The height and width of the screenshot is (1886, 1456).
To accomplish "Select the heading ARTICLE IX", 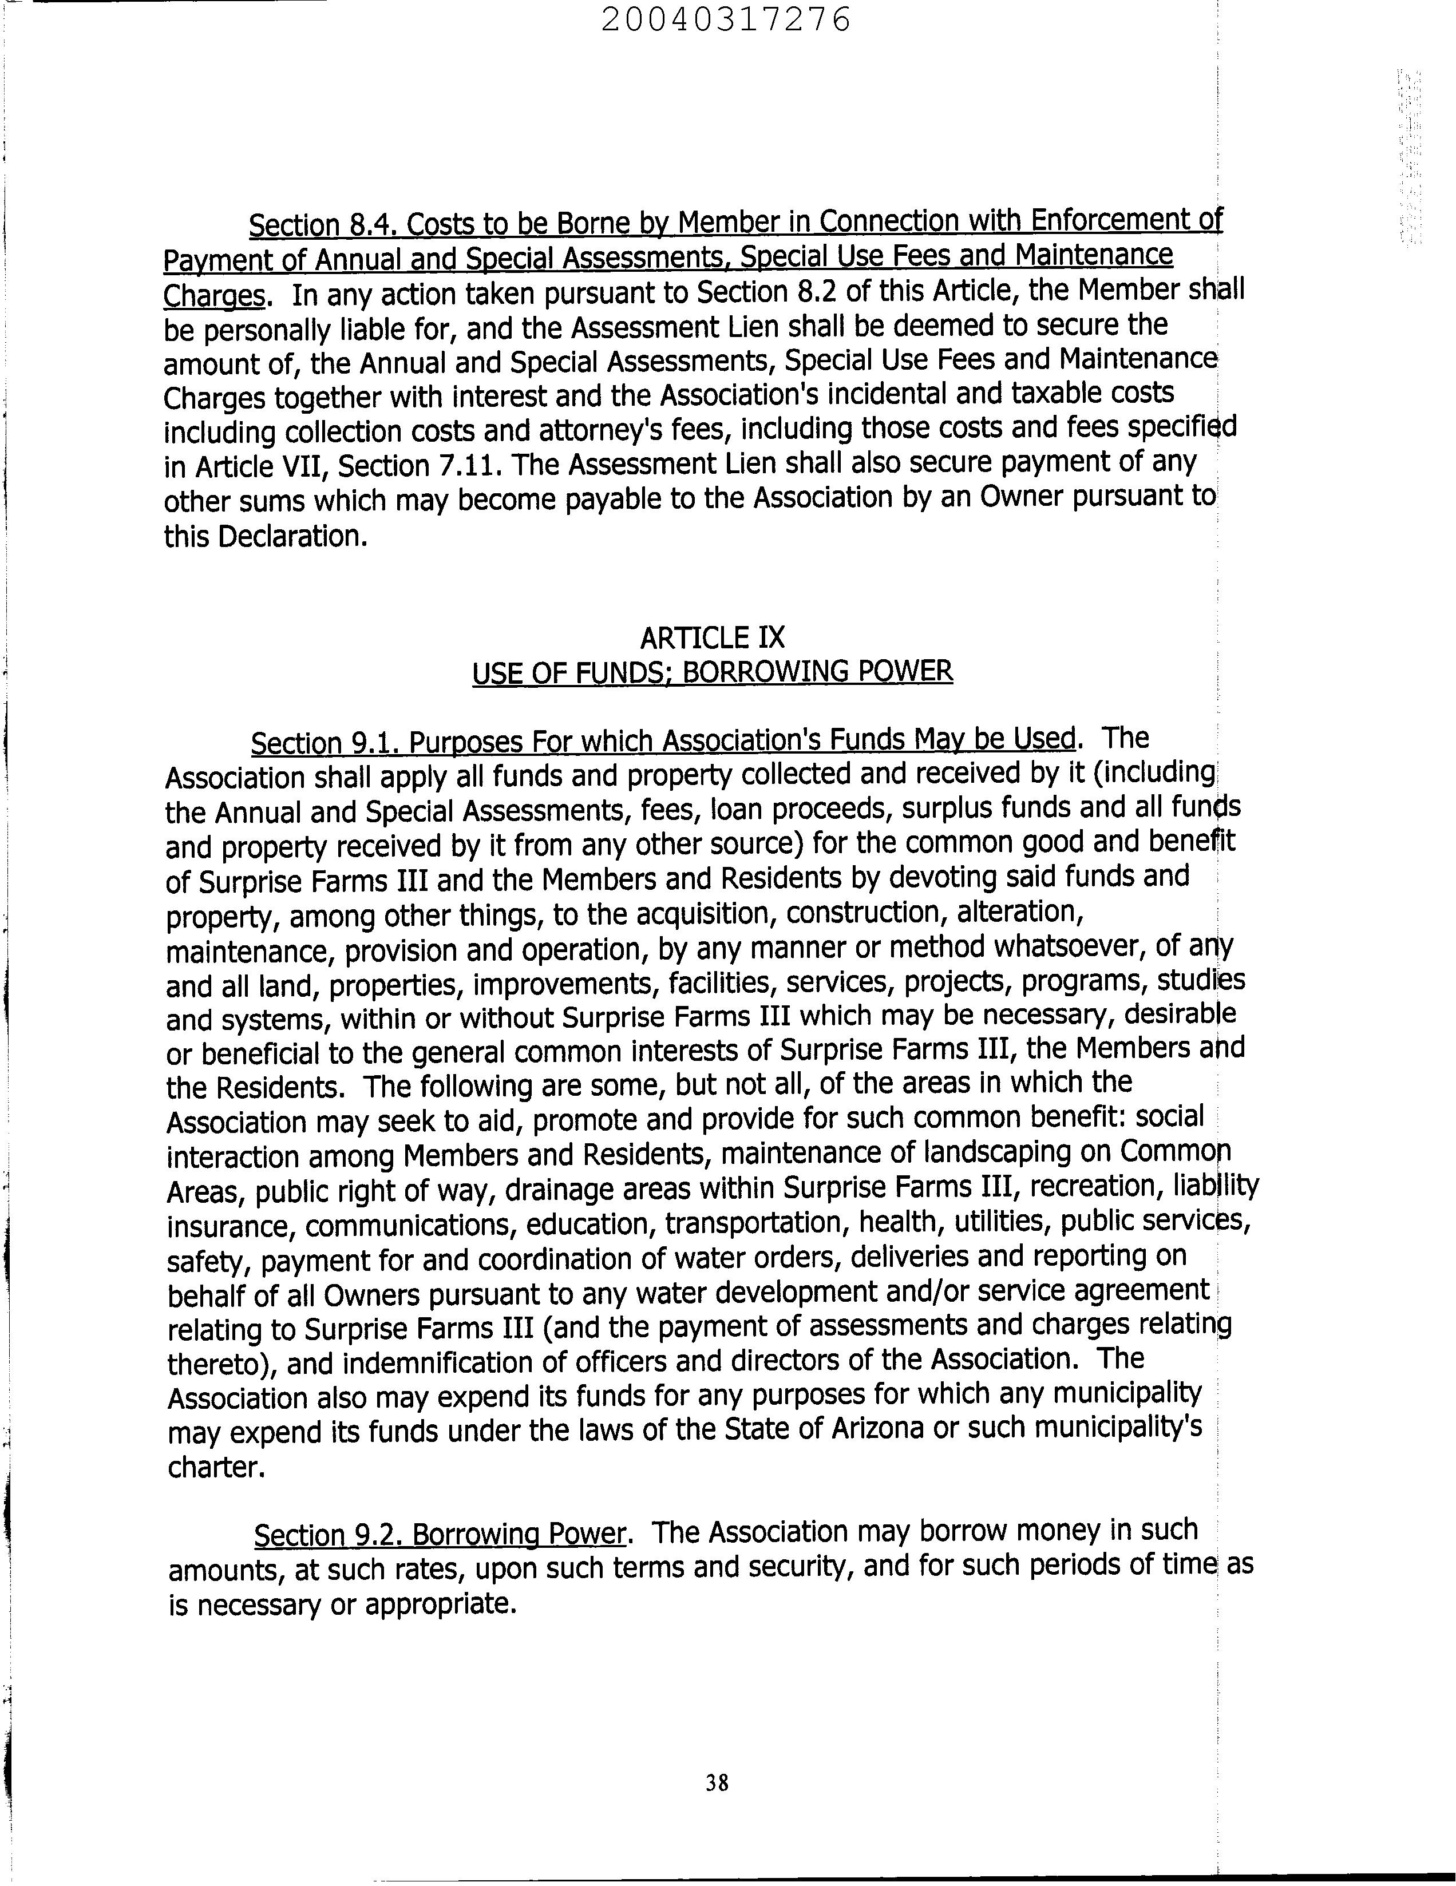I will tap(713, 638).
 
